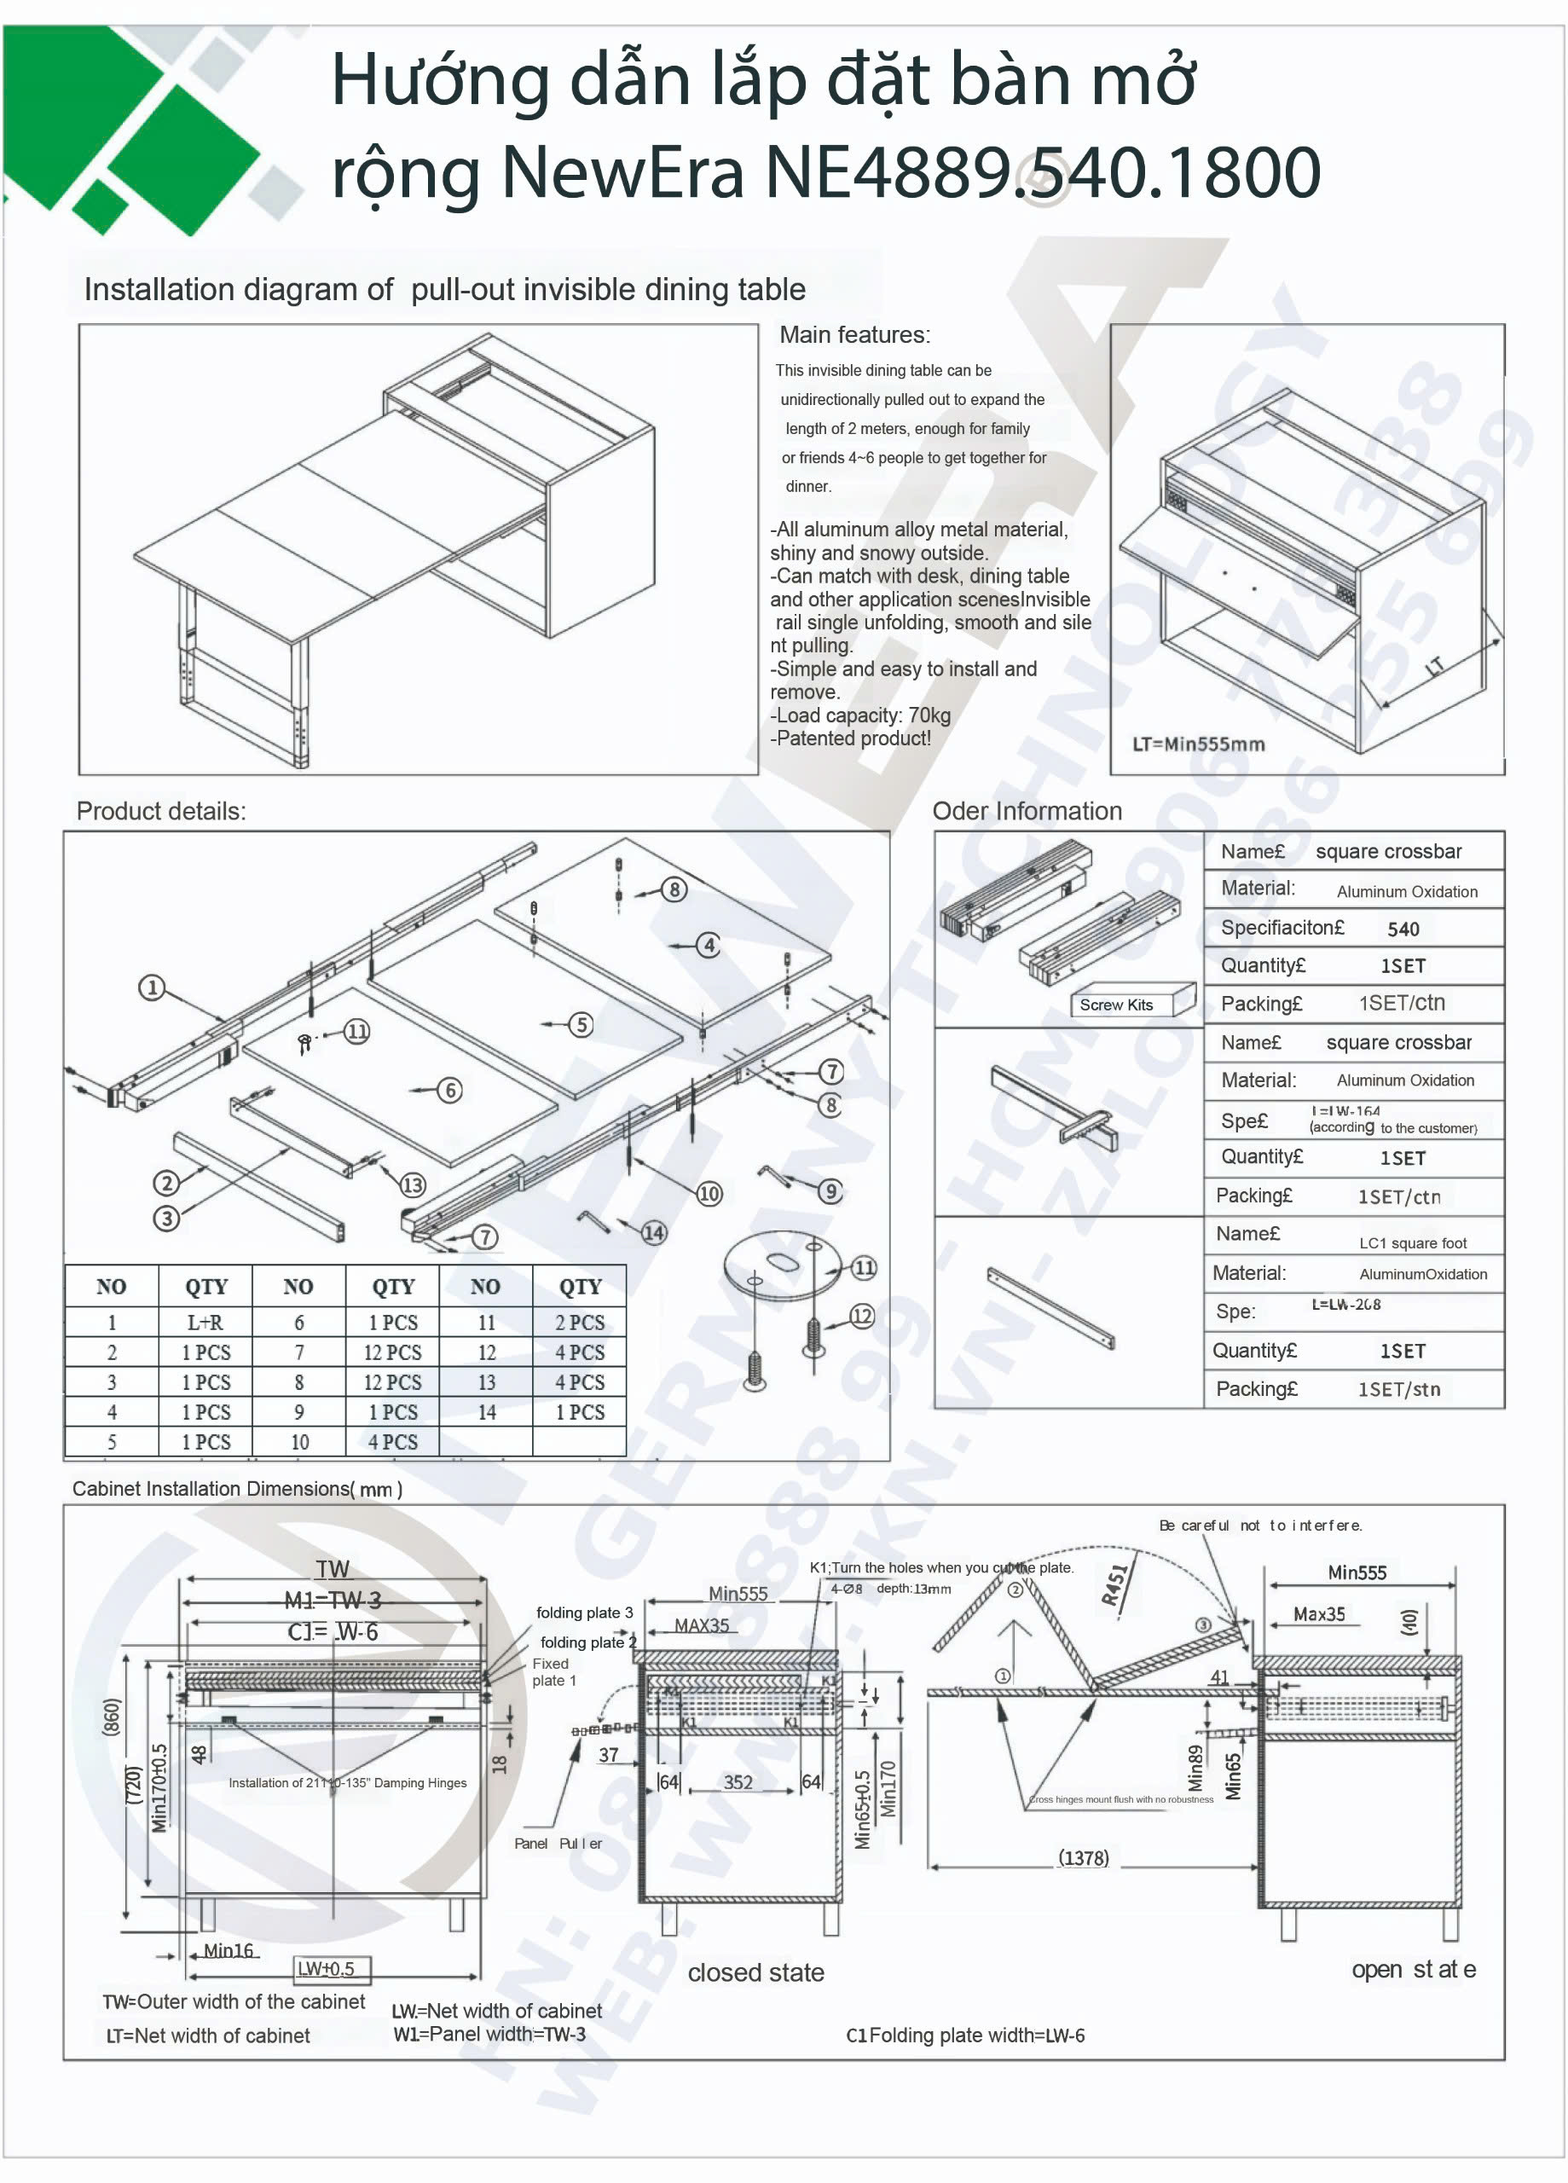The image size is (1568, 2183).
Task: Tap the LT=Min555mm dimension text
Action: tap(1197, 744)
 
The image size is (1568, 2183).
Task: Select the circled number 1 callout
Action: tap(152, 987)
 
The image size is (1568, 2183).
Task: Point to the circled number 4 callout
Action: tap(709, 945)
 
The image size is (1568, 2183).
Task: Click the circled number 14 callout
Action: tap(654, 1232)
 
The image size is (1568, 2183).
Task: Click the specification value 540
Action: tap(1403, 929)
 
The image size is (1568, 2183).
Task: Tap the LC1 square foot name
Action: tap(1412, 1242)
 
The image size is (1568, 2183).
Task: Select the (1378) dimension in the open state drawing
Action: tap(1083, 1857)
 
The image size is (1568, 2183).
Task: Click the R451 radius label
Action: tap(1114, 1584)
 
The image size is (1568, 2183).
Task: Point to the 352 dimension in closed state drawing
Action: tap(738, 1781)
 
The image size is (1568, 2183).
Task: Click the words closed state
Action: tap(755, 1972)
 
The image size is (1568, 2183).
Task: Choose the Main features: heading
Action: tap(853, 335)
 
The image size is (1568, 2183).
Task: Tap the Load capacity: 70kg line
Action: tap(861, 715)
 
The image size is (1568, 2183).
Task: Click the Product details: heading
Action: tap(161, 812)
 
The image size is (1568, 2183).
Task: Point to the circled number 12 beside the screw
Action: tap(861, 1316)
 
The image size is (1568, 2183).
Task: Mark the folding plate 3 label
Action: tap(584, 1613)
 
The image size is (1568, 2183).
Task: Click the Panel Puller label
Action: tap(558, 1844)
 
